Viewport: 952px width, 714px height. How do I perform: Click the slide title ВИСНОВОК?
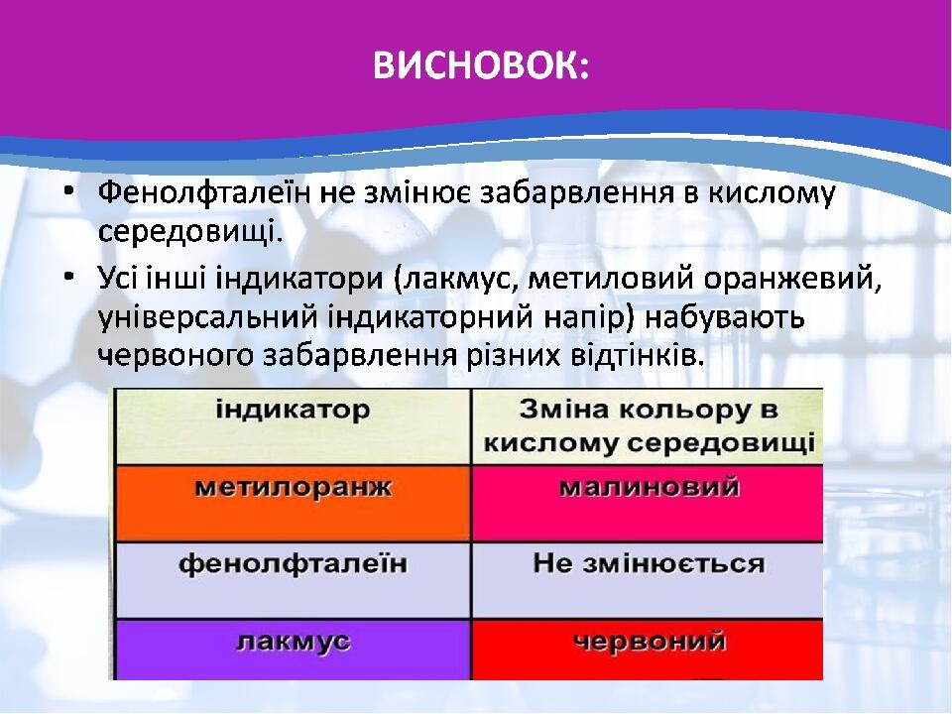pos(480,65)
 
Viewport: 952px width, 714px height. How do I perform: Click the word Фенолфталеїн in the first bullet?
pos(203,192)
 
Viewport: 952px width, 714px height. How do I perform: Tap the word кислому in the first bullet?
pos(772,194)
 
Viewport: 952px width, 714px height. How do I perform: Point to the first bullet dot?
pos(69,192)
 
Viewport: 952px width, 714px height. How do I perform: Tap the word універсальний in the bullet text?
pos(207,318)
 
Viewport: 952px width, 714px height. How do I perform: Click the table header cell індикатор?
pos(293,426)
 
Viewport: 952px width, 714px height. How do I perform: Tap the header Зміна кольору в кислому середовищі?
pos(648,426)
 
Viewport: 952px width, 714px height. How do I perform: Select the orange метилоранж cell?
pos(293,504)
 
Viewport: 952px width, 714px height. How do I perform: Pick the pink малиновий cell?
pos(648,504)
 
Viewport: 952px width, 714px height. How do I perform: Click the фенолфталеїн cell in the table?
pos(293,581)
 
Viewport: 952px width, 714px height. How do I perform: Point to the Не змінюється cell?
pos(648,581)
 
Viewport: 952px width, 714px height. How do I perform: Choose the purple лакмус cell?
pos(293,650)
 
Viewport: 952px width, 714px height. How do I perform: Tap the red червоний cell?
pos(648,650)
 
